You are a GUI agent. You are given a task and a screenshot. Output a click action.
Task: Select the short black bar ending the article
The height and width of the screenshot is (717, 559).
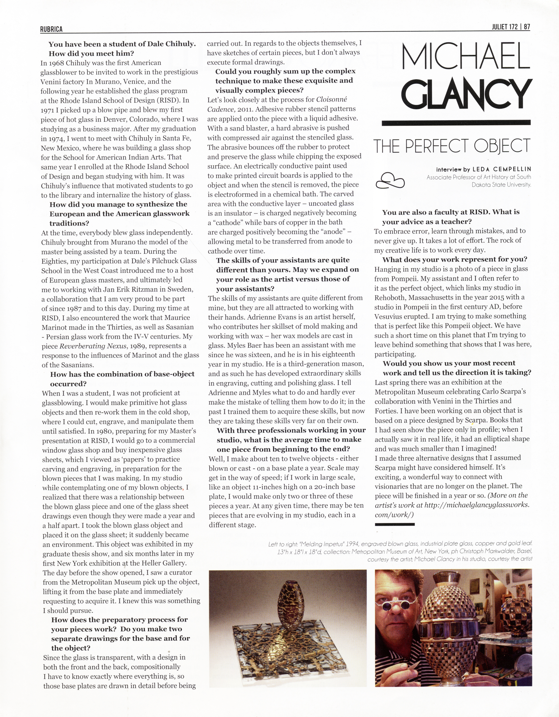394,524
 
